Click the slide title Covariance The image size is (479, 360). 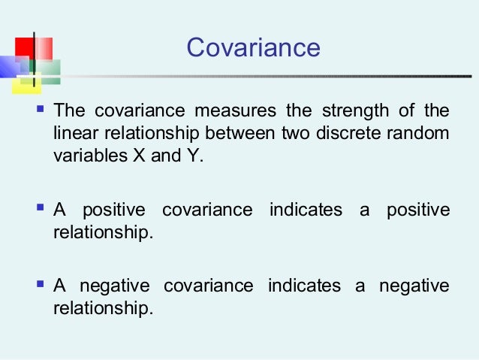click(253, 48)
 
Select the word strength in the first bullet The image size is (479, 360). click(351, 111)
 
